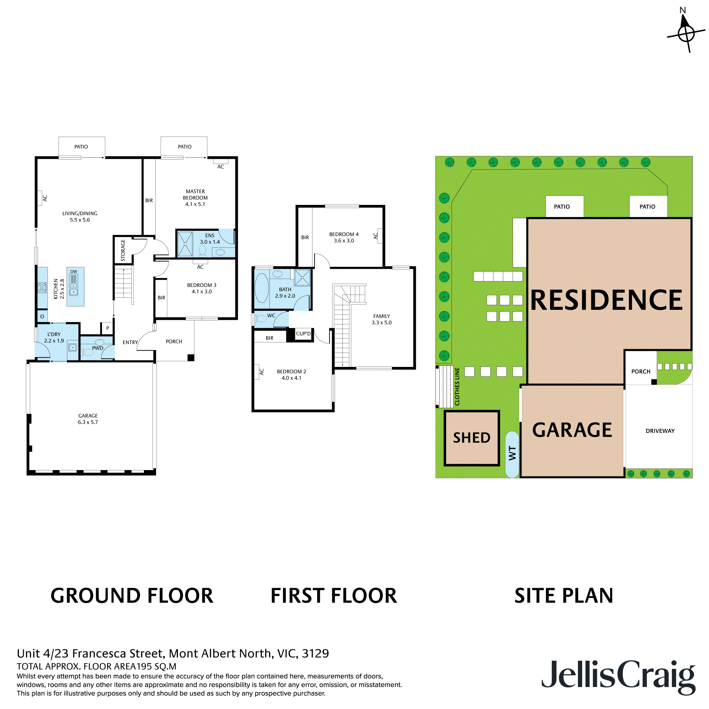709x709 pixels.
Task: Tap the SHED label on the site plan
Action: tap(471, 438)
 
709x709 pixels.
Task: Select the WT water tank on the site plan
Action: tap(512, 454)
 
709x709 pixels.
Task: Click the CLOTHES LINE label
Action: tap(457, 386)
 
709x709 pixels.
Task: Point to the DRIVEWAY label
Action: tap(660, 431)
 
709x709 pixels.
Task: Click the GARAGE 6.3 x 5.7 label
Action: tap(88, 419)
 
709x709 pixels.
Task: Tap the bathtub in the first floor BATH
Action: tap(262, 288)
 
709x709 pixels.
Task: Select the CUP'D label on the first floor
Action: tap(303, 334)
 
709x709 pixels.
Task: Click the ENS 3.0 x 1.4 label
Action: tap(210, 239)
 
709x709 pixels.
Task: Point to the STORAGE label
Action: tap(123, 250)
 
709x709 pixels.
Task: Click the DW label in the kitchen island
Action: tap(74, 272)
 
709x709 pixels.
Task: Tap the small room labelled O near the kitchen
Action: tap(42, 316)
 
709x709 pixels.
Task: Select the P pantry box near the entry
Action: tap(107, 328)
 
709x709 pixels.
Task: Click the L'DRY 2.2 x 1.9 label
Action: tap(54, 337)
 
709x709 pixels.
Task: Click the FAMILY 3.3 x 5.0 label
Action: tap(381, 319)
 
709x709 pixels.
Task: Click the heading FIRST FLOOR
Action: tap(334, 596)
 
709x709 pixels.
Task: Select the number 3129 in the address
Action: tap(315, 653)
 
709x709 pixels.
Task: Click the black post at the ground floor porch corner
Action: tap(191, 358)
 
